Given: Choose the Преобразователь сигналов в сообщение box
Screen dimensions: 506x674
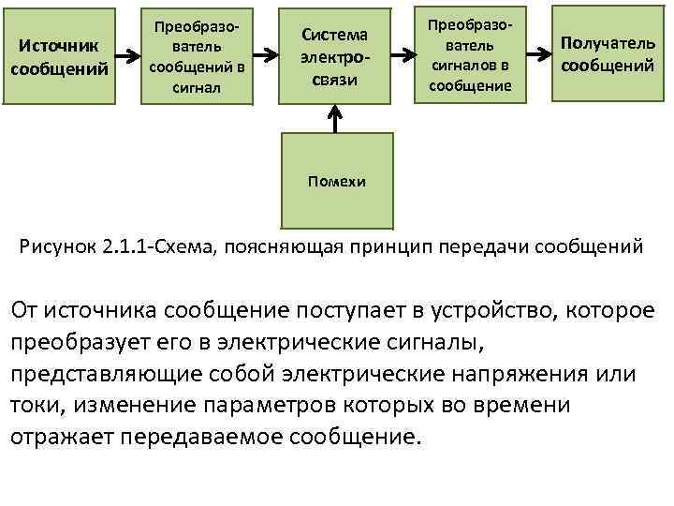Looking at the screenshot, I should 470,56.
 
